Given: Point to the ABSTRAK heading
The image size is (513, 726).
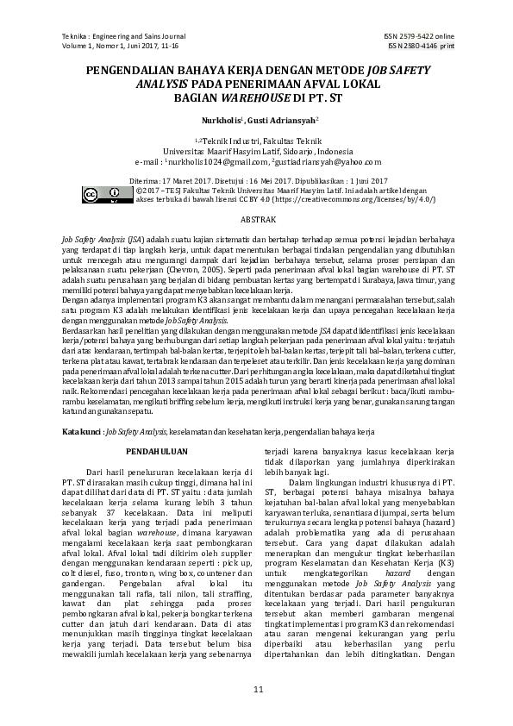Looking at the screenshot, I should [x=257, y=221].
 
